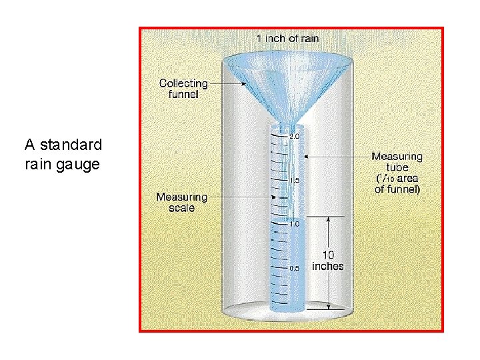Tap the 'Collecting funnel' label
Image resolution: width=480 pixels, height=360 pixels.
point(183,89)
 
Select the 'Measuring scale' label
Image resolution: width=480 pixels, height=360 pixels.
point(181,202)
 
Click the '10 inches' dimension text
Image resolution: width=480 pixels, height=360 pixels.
point(327,260)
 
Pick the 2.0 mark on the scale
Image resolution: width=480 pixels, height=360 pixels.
point(294,136)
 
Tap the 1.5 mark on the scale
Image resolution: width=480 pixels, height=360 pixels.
point(294,180)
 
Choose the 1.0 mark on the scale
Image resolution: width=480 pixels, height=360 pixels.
point(294,225)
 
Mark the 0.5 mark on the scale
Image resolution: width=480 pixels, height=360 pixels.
point(294,268)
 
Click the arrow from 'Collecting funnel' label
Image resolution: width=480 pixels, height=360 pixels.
point(230,84)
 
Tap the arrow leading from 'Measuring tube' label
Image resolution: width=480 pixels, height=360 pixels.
point(333,157)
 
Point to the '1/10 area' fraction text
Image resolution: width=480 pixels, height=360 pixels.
point(399,179)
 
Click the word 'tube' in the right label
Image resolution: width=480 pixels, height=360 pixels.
point(397,167)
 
